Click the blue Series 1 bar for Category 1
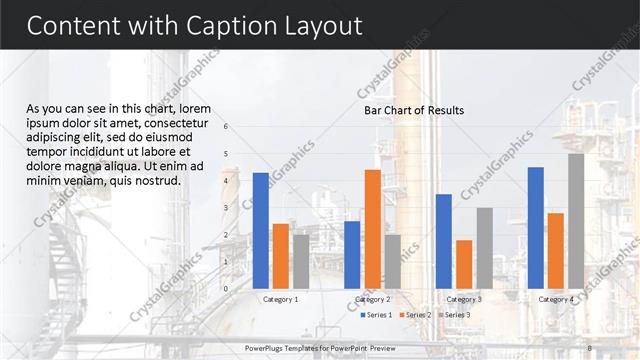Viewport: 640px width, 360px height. coord(261,230)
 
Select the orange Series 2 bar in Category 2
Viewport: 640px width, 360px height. coord(372,228)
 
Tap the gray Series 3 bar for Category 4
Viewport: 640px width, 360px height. coord(576,220)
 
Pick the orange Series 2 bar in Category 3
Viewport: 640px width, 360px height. coord(464,264)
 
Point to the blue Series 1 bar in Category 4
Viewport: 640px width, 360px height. coord(535,227)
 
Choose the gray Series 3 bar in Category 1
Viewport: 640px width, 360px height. coord(301,261)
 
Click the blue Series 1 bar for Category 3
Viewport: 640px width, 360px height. coord(444,241)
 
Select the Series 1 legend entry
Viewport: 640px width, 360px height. coord(376,315)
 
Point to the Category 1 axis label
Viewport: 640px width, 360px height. coord(280,299)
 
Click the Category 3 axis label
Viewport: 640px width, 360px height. coord(464,299)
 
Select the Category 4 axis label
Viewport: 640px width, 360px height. coord(556,299)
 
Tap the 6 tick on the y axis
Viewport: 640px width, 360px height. coord(227,127)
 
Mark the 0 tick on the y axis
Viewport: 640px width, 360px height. coord(227,289)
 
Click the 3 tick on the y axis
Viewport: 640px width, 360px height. coord(227,208)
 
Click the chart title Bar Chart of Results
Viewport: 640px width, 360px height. coord(413,110)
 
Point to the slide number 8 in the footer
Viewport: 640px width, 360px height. coord(590,348)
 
